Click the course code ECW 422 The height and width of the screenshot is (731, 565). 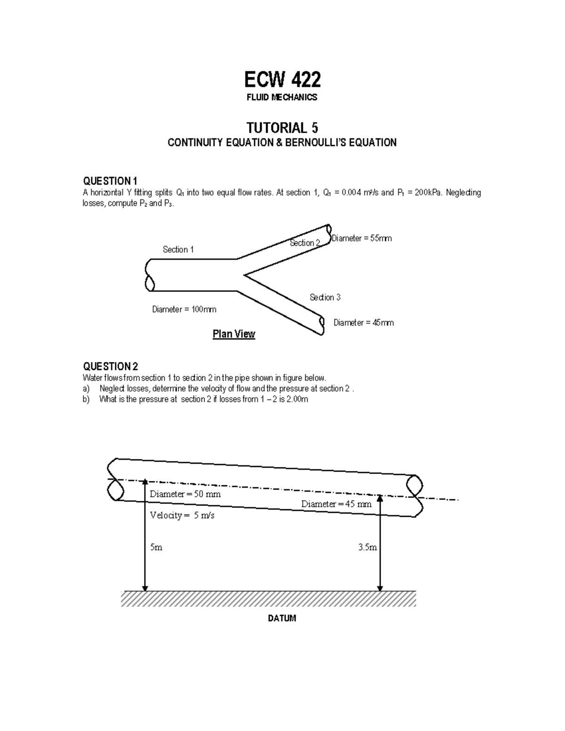point(282,80)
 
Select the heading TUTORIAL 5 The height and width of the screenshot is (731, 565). point(282,128)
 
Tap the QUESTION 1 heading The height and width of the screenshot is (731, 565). point(110,181)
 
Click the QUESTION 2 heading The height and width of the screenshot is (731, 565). point(110,367)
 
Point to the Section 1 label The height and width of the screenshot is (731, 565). point(178,249)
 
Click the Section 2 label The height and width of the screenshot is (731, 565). point(305,243)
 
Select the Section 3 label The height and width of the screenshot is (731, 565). point(325,297)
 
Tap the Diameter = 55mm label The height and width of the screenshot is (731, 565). point(362,239)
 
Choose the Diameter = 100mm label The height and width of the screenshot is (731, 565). point(184,310)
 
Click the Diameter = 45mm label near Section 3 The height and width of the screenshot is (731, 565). point(363,323)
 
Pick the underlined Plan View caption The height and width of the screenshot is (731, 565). point(234,334)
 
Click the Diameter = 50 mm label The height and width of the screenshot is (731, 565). point(185,494)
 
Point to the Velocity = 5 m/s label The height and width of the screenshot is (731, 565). point(182,515)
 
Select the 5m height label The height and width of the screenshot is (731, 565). point(156,548)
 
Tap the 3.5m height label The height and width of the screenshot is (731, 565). point(367,548)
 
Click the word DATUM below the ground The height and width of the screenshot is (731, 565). point(282,619)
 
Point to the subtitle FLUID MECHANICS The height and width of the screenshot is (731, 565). point(282,97)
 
